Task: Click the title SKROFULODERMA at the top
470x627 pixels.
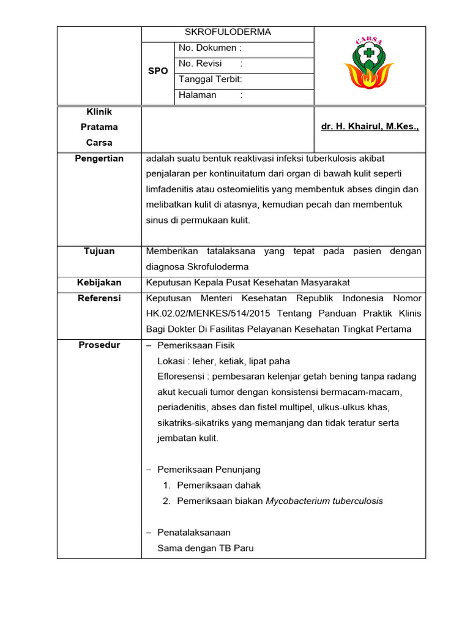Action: point(228,32)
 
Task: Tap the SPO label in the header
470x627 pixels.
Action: point(158,71)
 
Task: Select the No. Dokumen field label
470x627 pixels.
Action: point(210,48)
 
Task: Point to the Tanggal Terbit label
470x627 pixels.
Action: point(211,79)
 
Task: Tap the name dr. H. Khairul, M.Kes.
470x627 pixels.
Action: point(370,127)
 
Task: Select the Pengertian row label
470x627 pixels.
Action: point(99,159)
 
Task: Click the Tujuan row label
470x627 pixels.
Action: point(99,251)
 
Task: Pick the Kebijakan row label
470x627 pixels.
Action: point(99,282)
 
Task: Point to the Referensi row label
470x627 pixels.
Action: point(99,298)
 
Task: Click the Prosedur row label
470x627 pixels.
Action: point(99,345)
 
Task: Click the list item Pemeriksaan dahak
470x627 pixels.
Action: point(218,485)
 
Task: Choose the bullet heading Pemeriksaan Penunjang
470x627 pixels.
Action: point(209,470)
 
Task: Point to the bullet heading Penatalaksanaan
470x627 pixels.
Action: point(194,533)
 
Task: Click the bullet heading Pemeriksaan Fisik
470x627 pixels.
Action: point(196,345)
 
